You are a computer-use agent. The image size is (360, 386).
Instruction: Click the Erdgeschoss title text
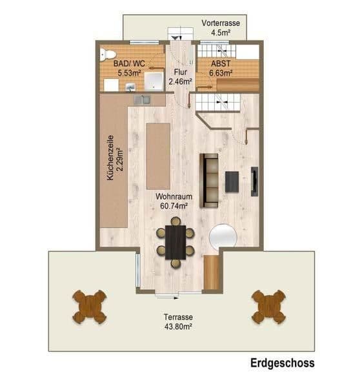[282, 363]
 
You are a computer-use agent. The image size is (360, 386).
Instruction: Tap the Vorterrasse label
[221, 23]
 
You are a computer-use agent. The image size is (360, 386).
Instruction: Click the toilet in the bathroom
[108, 55]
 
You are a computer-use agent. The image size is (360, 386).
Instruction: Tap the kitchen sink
[142, 100]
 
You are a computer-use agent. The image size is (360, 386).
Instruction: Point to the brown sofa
[208, 181]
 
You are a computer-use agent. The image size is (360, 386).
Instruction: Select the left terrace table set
[89, 307]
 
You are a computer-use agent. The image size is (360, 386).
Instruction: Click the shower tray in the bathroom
[154, 81]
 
